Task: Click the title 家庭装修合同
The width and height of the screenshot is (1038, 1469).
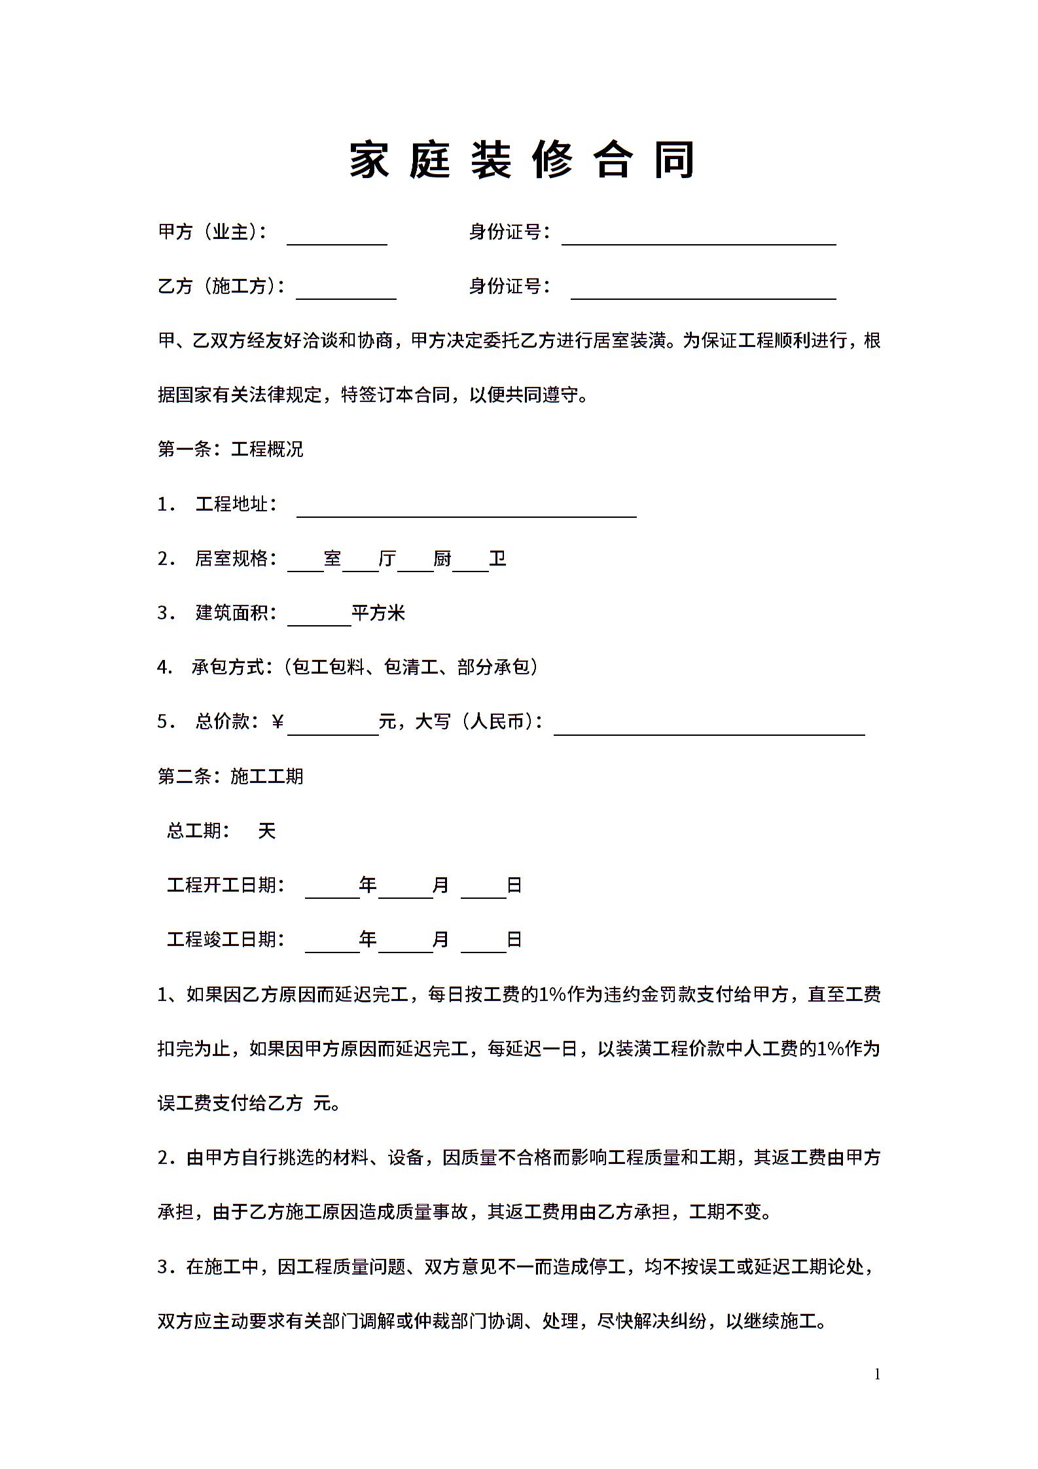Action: pyautogui.click(x=521, y=160)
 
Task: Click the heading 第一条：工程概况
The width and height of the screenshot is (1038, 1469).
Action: pyautogui.click(x=230, y=450)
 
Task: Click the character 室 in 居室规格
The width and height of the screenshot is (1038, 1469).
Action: pyautogui.click(x=332, y=559)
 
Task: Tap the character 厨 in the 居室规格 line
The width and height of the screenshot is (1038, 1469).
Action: pyautogui.click(x=442, y=559)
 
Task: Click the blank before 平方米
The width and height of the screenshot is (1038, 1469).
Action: pyautogui.click(x=319, y=618)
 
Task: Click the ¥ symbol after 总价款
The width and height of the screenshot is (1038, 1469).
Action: pyautogui.click(x=277, y=722)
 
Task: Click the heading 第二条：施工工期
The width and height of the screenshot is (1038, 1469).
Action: pyautogui.click(x=230, y=777)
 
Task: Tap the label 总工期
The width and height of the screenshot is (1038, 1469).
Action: pyautogui.click(x=198, y=831)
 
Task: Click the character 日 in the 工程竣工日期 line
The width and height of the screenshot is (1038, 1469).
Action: pyautogui.click(x=514, y=940)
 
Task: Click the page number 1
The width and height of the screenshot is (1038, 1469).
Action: pyautogui.click(x=877, y=1375)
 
